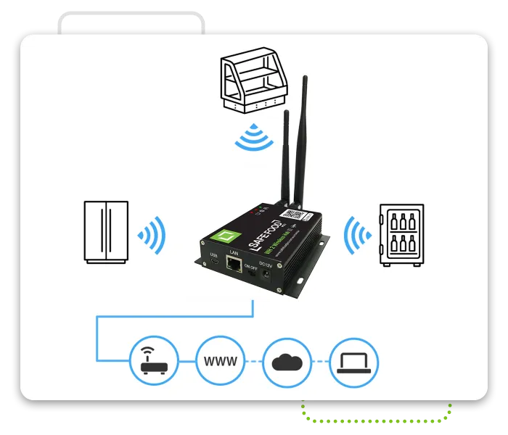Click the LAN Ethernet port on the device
click(234, 265)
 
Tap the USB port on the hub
click(213, 262)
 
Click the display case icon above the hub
click(250, 80)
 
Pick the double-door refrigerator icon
click(106, 232)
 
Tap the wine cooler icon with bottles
click(401, 236)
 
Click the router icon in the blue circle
click(154, 360)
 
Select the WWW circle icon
click(220, 360)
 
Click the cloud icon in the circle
click(287, 360)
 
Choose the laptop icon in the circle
click(353, 360)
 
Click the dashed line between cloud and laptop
click(320, 360)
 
